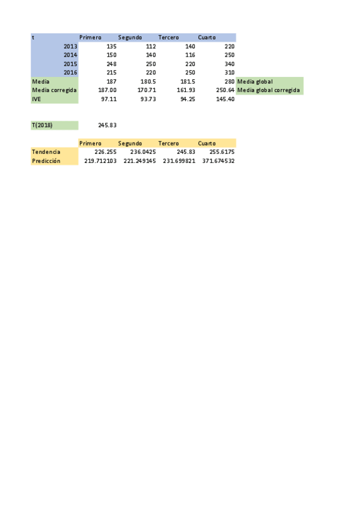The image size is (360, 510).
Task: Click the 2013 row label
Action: pyautogui.click(x=70, y=46)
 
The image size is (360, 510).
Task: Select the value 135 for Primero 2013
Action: pyautogui.click(x=111, y=46)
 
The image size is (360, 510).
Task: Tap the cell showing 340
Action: pyautogui.click(x=228, y=64)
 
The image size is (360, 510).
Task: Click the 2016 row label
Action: pyautogui.click(x=70, y=72)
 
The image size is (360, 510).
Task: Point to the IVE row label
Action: pyautogui.click(x=36, y=99)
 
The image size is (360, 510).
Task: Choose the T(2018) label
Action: pyautogui.click(x=42, y=125)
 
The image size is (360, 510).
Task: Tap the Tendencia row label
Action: pyautogui.click(x=46, y=152)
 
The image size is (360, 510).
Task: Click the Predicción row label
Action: pyautogui.click(x=46, y=161)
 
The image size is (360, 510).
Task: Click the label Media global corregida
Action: pyautogui.click(x=269, y=90)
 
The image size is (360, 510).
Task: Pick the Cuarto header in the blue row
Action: pyautogui.click(x=207, y=37)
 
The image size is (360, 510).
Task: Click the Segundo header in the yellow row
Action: pyautogui.click(x=130, y=144)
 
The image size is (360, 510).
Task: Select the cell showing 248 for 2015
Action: pyautogui.click(x=111, y=64)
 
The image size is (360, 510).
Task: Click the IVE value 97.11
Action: pyautogui.click(x=108, y=99)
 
